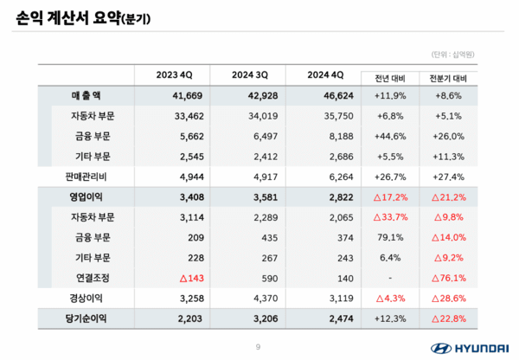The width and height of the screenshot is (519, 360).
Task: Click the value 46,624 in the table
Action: point(324,94)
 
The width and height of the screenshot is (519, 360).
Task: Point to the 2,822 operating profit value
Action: point(324,196)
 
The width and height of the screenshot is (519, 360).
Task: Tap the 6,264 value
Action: point(324,176)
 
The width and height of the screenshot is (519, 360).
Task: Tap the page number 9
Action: point(258,347)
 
